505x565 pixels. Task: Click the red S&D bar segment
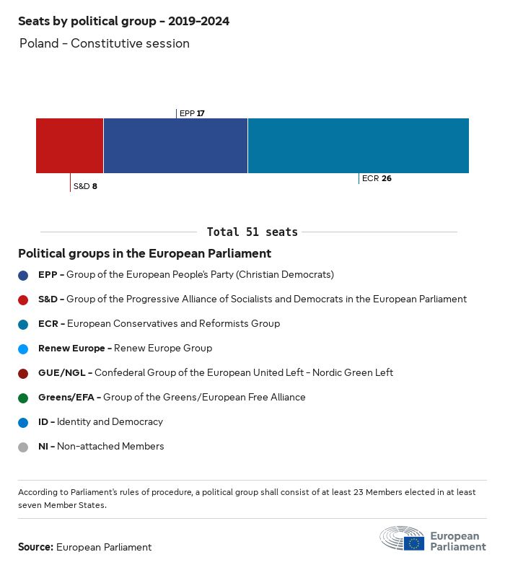point(69,146)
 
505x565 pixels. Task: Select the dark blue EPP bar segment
point(175,146)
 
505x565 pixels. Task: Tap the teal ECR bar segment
point(358,146)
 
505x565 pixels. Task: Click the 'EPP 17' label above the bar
point(192,113)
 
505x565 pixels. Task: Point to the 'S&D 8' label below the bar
point(85,186)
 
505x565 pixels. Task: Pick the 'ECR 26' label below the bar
point(377,178)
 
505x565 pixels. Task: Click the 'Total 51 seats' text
point(252,232)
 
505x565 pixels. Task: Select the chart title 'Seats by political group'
point(123,21)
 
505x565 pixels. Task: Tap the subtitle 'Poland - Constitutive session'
point(105,43)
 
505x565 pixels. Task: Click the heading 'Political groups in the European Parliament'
point(144,253)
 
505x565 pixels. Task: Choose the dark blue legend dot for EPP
point(24,275)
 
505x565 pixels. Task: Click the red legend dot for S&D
point(24,299)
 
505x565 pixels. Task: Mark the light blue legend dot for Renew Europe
point(24,349)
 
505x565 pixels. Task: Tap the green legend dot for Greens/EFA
point(24,398)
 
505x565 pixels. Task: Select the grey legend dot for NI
point(24,447)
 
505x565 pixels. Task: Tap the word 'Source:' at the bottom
point(35,547)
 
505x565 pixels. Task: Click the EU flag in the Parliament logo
point(413,543)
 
